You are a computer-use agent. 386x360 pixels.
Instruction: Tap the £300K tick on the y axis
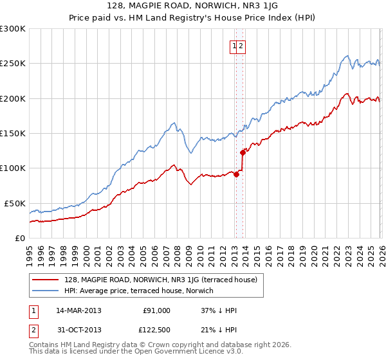coord(13,29)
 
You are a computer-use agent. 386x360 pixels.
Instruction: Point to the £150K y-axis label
coord(13,133)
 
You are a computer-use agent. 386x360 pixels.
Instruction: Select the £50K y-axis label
coord(15,203)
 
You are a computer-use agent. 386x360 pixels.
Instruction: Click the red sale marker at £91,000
coord(236,174)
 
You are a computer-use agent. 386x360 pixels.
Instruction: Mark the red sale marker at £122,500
coord(243,152)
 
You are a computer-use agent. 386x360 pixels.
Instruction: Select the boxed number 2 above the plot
coord(241,46)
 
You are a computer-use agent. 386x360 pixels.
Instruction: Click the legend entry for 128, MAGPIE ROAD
coord(161,280)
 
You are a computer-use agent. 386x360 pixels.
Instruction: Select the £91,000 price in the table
coord(156,310)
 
